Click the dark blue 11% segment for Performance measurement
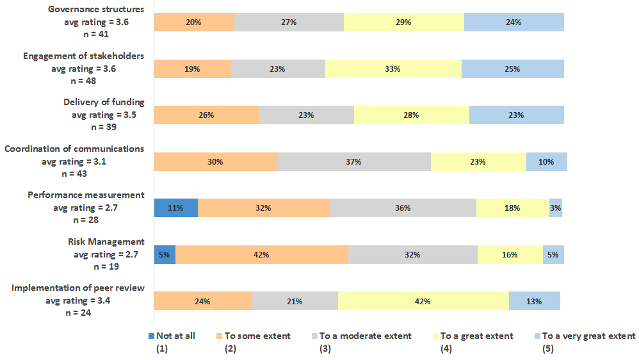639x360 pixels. (x=176, y=208)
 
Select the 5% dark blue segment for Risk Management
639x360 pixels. (x=165, y=254)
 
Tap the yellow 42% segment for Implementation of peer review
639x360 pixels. (x=423, y=301)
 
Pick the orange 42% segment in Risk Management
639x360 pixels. (x=261, y=254)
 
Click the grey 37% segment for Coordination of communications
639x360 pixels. (x=354, y=162)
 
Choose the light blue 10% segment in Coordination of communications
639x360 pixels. (x=546, y=162)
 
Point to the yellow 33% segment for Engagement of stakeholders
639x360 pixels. (x=393, y=69)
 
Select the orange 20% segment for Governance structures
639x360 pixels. (x=194, y=22)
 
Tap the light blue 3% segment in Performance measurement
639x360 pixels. (x=556, y=208)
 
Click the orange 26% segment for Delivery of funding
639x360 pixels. (x=206, y=115)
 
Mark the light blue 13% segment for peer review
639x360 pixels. (x=534, y=301)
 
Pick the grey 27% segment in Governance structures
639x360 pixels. (x=289, y=22)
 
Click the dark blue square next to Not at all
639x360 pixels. (x=151, y=336)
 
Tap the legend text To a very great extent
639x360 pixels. (x=588, y=336)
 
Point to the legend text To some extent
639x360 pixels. (x=257, y=336)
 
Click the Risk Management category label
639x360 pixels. (x=106, y=241)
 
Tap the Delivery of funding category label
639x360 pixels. (x=104, y=102)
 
